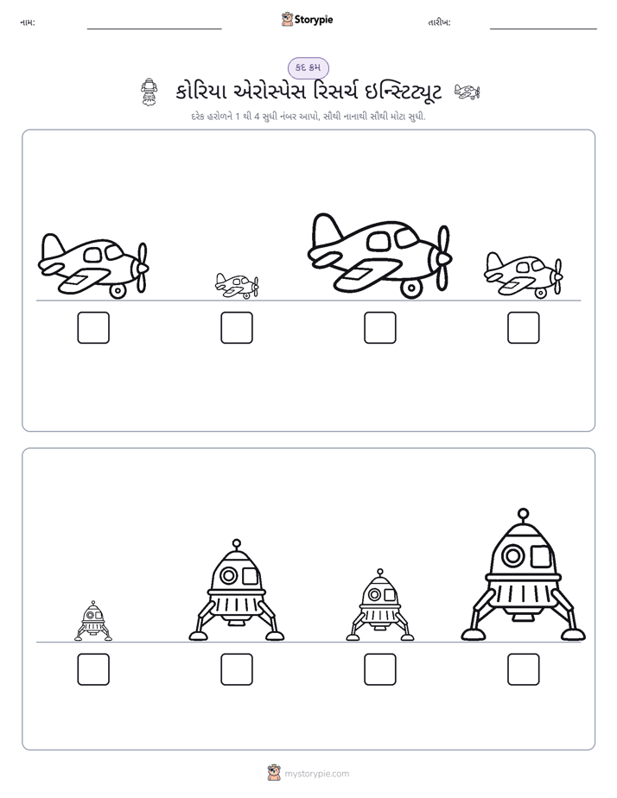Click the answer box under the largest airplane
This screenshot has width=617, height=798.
[379, 327]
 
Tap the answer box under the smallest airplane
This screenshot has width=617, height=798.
[237, 327]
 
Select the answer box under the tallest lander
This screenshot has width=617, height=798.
[524, 669]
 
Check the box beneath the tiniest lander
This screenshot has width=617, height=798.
[93, 669]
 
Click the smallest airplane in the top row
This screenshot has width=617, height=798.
[237, 286]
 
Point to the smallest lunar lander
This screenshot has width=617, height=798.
[93, 621]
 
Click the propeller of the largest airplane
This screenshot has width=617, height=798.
[443, 258]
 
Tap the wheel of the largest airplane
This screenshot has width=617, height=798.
[411, 288]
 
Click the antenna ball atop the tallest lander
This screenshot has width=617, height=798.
[523, 514]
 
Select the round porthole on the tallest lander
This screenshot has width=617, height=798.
[512, 555]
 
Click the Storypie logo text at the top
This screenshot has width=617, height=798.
[314, 20]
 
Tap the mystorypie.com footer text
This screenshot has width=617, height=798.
[316, 774]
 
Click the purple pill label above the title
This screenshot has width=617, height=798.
[308, 67]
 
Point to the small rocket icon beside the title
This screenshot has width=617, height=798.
[149, 92]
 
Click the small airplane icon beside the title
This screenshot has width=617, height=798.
[467, 92]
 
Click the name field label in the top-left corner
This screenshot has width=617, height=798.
[28, 22]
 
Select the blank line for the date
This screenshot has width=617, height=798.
[544, 29]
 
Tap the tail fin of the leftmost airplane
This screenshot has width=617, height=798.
[51, 247]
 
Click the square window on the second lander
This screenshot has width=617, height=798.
[250, 576]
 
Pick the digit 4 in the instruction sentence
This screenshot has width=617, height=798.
[257, 117]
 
